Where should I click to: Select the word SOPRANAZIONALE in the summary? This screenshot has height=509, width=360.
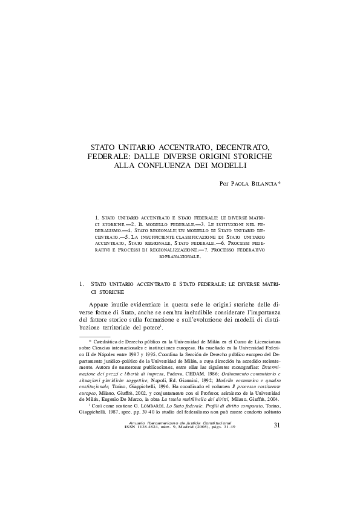click(180, 256)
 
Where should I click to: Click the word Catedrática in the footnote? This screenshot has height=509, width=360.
click(106, 342)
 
